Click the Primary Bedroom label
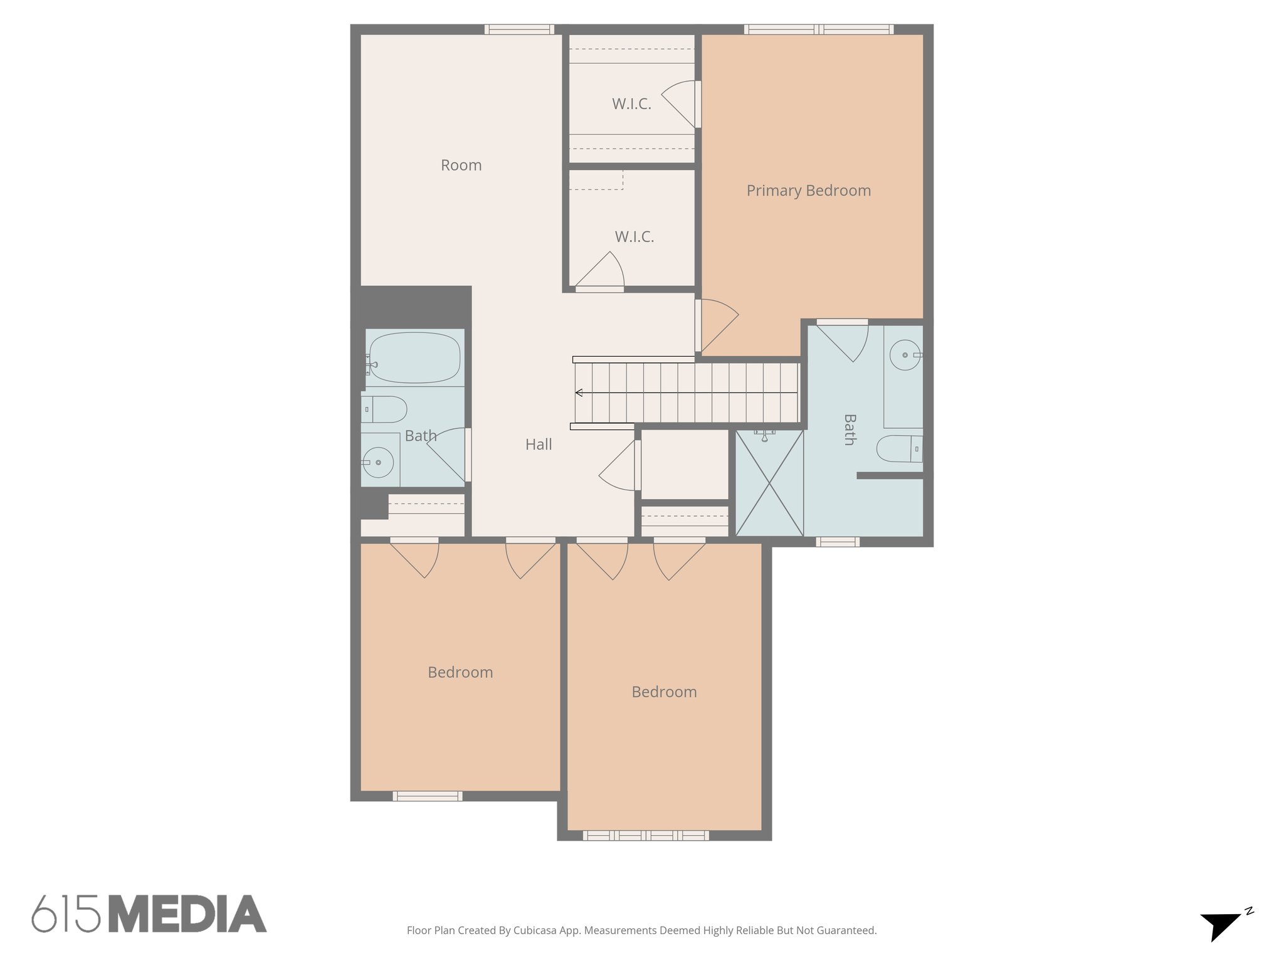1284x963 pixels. (x=808, y=191)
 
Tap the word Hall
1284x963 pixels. (x=539, y=445)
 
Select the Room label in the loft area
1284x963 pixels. (x=461, y=166)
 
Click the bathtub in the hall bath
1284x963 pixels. (x=414, y=357)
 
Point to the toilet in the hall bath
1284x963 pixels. (x=384, y=409)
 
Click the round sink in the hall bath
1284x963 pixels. (x=378, y=463)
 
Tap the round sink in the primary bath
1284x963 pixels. (x=905, y=355)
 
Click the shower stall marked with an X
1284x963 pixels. (x=769, y=483)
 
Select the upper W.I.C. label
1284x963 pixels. (x=631, y=104)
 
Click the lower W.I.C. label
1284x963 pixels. (x=634, y=237)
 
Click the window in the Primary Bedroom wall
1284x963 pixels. (x=818, y=29)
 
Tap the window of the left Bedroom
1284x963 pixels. (x=428, y=796)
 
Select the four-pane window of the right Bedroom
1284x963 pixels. (x=646, y=835)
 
